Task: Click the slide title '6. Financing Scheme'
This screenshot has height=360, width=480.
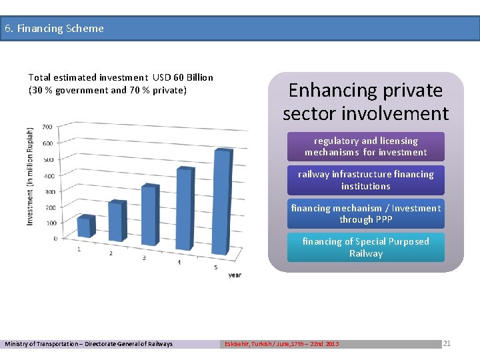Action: click(54, 29)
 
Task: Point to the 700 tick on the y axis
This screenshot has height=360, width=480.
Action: click(47, 127)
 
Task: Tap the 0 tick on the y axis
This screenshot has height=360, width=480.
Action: click(55, 238)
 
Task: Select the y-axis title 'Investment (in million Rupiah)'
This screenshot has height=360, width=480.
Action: click(30, 176)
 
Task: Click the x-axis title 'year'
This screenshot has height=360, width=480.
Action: click(235, 275)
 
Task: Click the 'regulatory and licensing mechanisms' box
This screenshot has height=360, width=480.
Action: click(365, 147)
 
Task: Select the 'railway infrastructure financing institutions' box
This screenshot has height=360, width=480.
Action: click(365, 180)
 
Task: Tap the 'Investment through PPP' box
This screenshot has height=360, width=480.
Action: click(365, 214)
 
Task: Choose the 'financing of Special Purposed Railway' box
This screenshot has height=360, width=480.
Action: click(365, 247)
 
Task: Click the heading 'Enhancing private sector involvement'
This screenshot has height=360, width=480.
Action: click(365, 101)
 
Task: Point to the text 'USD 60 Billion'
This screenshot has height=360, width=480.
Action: click(183, 77)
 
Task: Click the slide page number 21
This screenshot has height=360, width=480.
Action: click(447, 343)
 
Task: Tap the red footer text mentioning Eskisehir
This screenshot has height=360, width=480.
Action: click(281, 344)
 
